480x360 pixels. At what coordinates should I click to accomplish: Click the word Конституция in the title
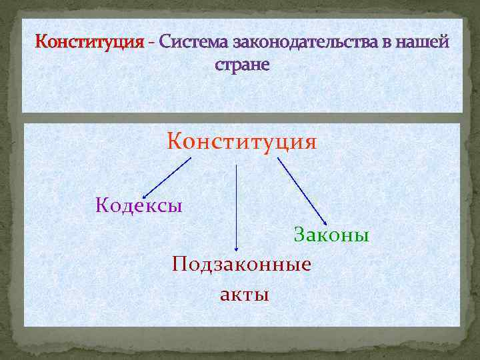point(89,43)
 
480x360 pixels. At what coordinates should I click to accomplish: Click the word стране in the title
point(243,66)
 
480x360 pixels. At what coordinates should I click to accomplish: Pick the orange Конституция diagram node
point(242,142)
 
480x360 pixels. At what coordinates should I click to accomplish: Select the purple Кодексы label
point(139,205)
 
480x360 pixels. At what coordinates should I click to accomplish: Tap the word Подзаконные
point(241,264)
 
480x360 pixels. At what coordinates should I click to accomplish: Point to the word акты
point(245,294)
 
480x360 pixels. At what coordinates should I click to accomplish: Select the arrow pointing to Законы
point(301,191)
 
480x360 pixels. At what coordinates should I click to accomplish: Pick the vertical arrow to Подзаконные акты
point(237,207)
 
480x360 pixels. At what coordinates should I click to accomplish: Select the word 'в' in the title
point(385,43)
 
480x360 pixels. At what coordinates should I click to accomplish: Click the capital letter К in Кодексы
point(102,205)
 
